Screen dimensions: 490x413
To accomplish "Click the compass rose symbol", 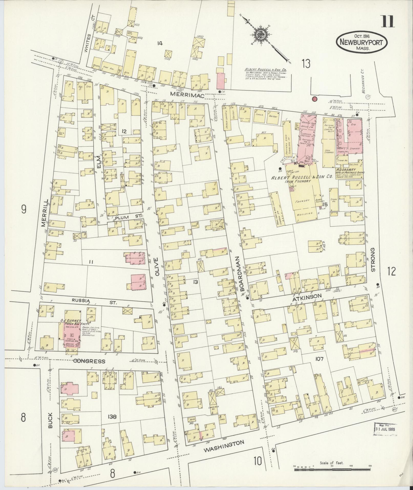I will (x=261, y=34).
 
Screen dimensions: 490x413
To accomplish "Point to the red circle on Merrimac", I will (x=314, y=99).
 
